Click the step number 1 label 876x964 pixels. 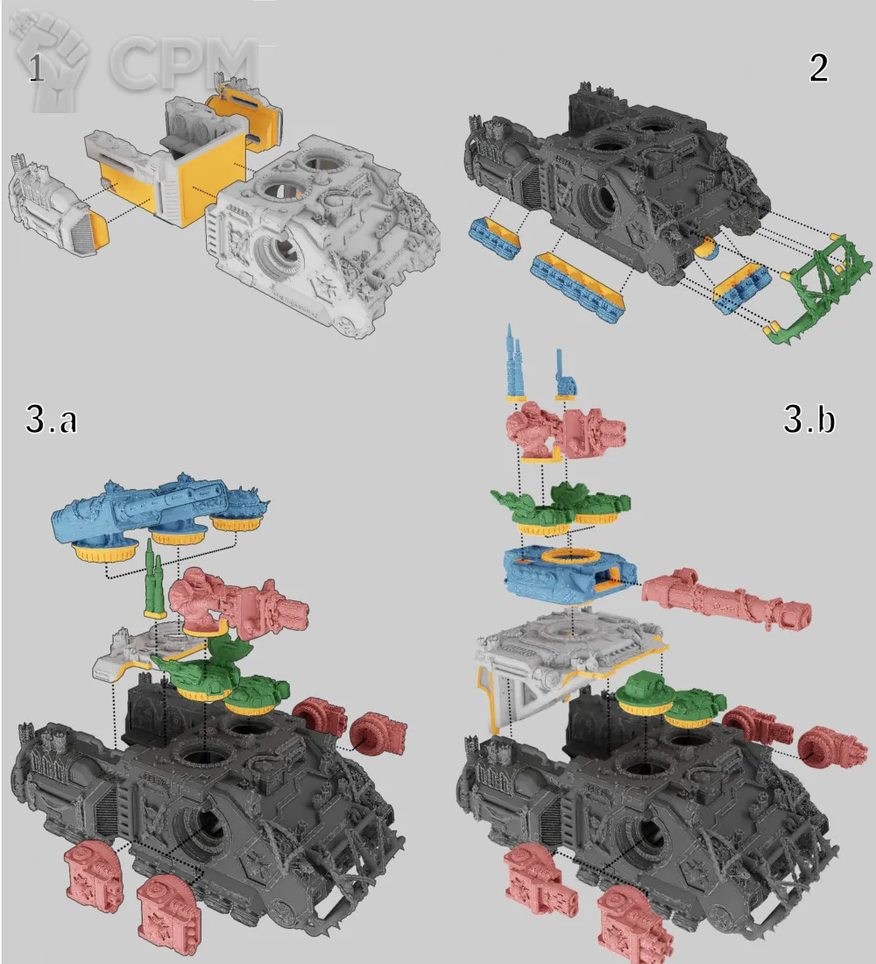point(36,69)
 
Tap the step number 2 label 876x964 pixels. point(818,67)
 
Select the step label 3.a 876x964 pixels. point(51,419)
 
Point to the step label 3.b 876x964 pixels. point(809,419)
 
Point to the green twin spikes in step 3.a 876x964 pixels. point(153,580)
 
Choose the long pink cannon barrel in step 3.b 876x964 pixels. point(725,600)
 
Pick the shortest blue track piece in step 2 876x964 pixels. point(495,237)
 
